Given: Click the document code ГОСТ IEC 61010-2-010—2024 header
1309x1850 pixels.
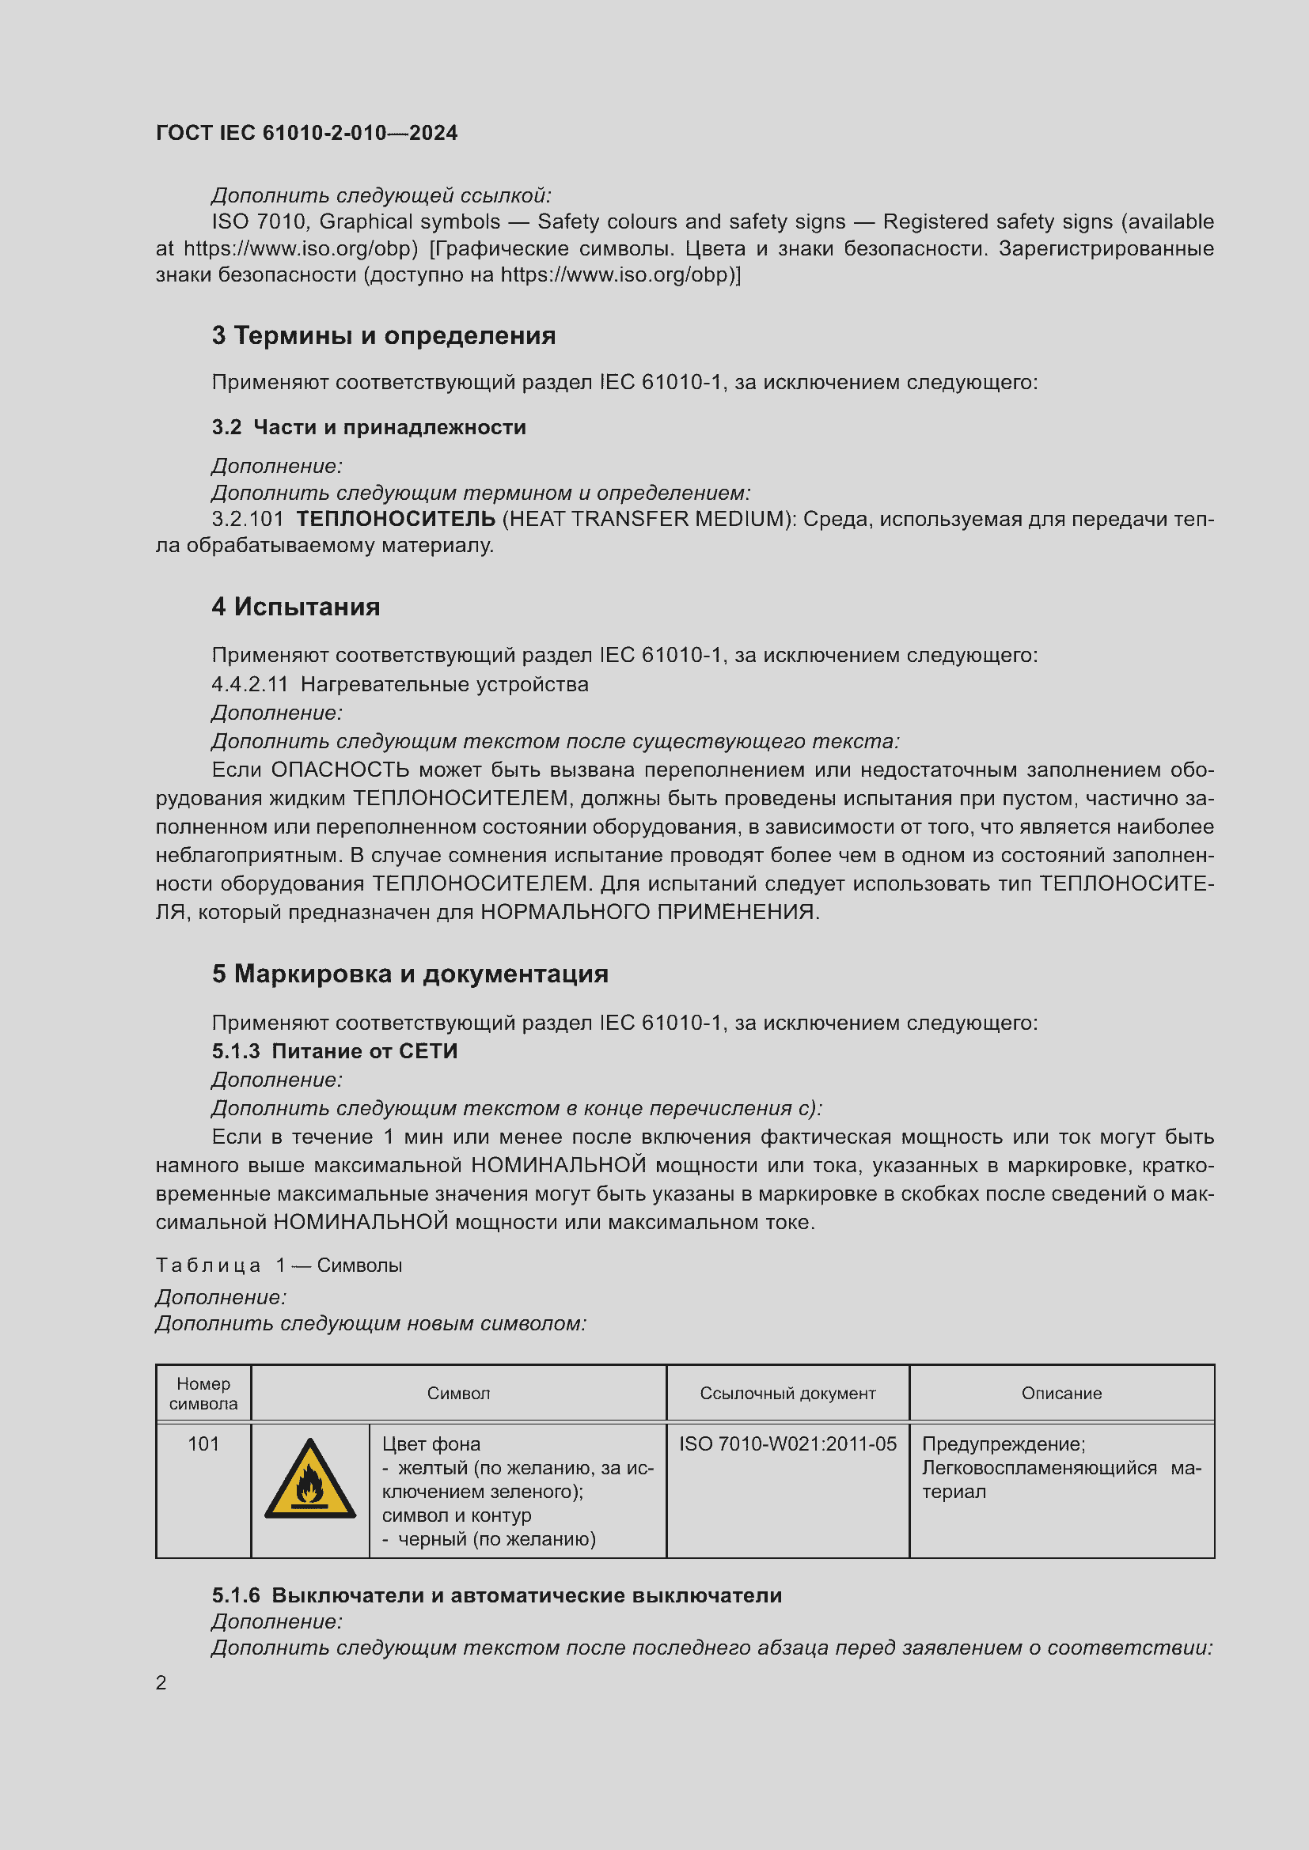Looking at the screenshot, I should tap(306, 133).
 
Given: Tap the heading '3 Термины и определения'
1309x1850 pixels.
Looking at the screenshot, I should tap(384, 335).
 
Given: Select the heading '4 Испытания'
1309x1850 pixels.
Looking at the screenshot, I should tap(296, 607).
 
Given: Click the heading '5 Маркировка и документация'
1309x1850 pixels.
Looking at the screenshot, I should tap(409, 974).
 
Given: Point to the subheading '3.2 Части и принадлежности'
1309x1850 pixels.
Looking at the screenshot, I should tap(368, 427).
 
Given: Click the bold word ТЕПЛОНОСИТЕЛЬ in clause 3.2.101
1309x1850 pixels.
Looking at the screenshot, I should tap(396, 519).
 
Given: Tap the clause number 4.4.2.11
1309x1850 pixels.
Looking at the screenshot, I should tap(250, 684).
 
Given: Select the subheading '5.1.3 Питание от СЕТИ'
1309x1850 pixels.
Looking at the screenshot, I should tap(335, 1050).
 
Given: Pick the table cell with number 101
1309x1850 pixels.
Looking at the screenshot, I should tap(203, 1444).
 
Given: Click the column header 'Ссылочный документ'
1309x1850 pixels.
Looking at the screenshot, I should tap(787, 1393).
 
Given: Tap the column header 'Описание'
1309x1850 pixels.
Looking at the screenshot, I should tap(1061, 1393).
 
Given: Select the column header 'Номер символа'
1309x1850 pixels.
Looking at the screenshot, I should tap(203, 1393).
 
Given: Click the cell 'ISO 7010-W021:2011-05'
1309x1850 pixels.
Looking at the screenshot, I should tap(787, 1444).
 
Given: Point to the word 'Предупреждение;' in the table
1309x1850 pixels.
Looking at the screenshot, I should tap(1004, 1444).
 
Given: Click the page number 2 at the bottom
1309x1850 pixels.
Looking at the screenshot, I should tap(161, 1682).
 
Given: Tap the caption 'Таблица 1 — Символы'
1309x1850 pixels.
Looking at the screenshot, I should tap(279, 1265).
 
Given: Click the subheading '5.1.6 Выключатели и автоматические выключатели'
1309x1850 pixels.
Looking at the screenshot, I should tap(496, 1595).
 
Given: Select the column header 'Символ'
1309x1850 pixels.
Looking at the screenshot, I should tap(459, 1393).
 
